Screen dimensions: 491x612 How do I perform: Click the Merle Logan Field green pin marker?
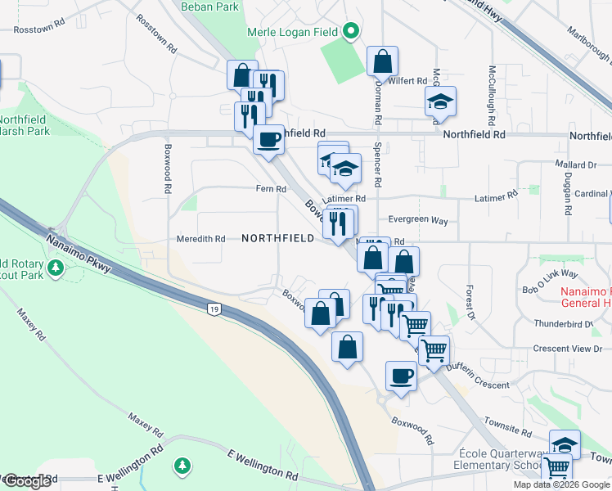pyautogui.click(x=351, y=32)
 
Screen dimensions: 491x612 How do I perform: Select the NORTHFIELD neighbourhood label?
pyautogui.click(x=278, y=238)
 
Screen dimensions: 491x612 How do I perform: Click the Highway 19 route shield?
pyautogui.click(x=214, y=309)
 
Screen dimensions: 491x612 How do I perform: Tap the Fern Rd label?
pyautogui.click(x=275, y=189)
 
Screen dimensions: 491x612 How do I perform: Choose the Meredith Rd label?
pyautogui.click(x=200, y=239)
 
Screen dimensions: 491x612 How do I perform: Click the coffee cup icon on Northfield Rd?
pyautogui.click(x=268, y=139)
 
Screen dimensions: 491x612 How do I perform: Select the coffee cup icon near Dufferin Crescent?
pyautogui.click(x=401, y=376)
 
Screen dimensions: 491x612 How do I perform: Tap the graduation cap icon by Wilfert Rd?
pyautogui.click(x=440, y=101)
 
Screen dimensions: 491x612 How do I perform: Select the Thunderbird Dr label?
pyautogui.click(x=563, y=324)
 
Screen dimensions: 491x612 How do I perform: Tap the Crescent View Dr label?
pyautogui.click(x=567, y=349)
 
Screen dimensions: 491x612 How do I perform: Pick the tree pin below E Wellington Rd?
pyautogui.click(x=182, y=466)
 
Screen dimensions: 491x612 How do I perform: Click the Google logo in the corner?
pyautogui.click(x=27, y=481)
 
